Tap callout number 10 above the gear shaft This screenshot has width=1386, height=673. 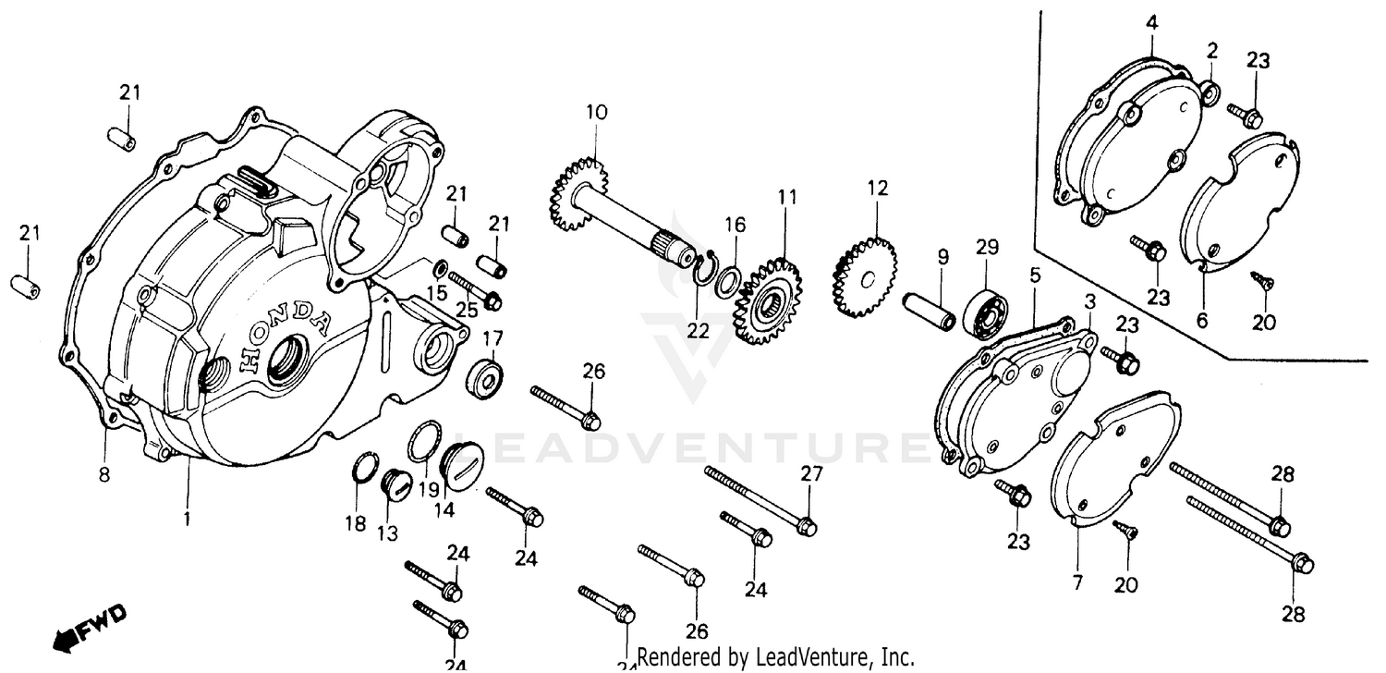(596, 114)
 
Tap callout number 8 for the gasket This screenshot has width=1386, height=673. (104, 475)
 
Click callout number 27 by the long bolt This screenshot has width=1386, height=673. (810, 474)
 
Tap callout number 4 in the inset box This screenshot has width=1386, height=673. (1151, 22)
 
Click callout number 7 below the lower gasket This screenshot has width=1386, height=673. (1076, 582)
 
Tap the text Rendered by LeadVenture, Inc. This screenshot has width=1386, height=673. (775, 658)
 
